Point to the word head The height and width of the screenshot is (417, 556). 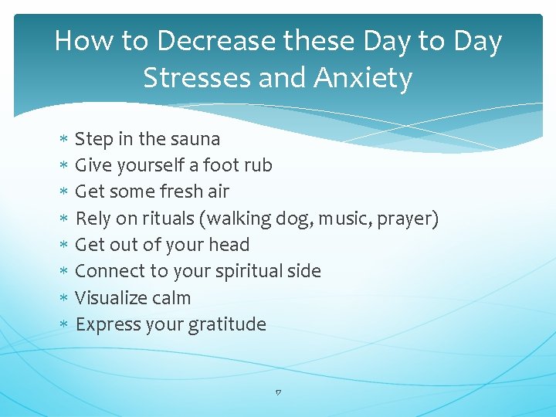click(x=232, y=245)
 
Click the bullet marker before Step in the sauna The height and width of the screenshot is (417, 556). click(x=63, y=140)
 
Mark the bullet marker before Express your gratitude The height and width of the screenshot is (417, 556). click(x=63, y=325)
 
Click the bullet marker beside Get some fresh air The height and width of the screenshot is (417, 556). click(x=63, y=192)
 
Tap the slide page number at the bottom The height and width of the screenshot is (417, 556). click(x=278, y=393)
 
